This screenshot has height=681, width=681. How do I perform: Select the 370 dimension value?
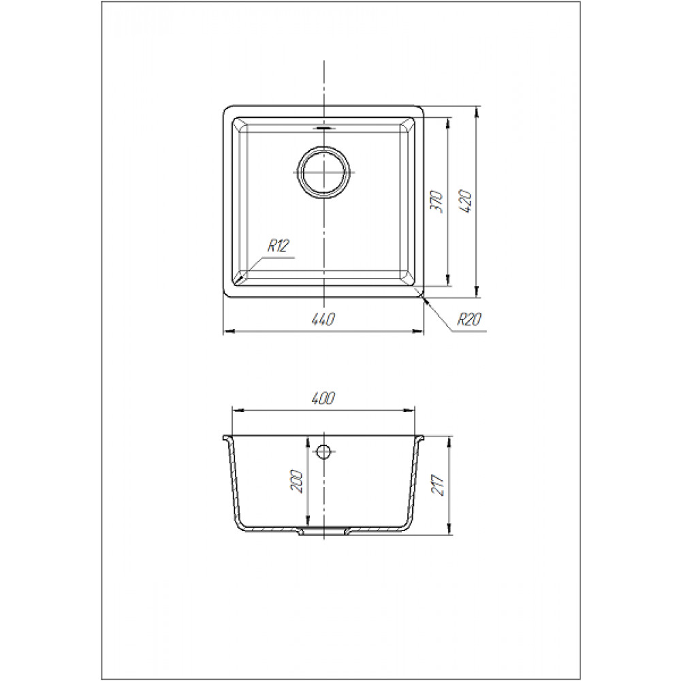[x=436, y=200]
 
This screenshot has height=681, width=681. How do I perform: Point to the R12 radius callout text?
[x=278, y=247]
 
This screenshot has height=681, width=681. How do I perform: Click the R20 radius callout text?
[x=469, y=319]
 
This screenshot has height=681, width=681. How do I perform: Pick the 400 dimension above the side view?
[x=323, y=398]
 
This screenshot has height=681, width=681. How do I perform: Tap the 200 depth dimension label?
[x=296, y=480]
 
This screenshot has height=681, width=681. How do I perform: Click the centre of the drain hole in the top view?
[x=324, y=172]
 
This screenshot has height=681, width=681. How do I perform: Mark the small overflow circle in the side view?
[x=323, y=452]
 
